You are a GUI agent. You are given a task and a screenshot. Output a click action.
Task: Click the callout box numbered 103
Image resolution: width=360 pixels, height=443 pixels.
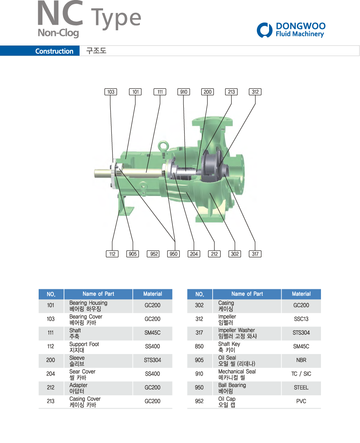tap(111, 92)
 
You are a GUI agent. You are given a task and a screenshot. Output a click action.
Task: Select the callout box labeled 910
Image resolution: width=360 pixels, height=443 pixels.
tap(183, 92)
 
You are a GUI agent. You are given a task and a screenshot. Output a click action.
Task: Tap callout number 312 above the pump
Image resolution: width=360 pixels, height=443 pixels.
tap(255, 92)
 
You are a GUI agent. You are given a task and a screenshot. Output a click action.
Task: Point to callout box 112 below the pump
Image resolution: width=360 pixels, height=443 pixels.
tap(112, 254)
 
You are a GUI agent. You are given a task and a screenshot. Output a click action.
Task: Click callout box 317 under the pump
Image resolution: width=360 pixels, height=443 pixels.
tap(255, 254)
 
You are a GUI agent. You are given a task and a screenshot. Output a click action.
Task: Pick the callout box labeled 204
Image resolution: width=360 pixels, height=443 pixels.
tap(194, 254)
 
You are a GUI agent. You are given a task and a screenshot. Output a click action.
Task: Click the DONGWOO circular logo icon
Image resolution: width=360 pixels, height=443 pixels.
tap(265, 30)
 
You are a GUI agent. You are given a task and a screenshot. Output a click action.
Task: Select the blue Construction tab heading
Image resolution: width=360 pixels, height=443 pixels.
tap(54, 51)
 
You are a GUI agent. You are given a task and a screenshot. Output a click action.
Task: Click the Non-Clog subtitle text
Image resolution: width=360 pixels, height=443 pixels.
tap(58, 33)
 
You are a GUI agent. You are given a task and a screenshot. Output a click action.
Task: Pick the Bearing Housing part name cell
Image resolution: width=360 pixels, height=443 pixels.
tap(98, 306)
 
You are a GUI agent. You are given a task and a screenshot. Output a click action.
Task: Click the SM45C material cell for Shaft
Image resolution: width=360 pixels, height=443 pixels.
tap(152, 333)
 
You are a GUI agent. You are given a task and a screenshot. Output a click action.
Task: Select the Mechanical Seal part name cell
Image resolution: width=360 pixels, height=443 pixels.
tap(247, 374)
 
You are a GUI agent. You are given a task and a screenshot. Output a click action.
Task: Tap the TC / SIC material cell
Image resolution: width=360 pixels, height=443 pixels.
tap(301, 374)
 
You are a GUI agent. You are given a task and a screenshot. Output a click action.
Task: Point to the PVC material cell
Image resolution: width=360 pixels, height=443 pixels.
tap(301, 401)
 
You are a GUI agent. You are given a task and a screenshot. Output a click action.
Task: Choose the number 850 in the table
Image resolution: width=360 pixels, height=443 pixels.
tap(199, 346)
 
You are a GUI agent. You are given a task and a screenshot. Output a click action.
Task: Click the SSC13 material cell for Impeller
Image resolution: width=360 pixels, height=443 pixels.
tap(301, 319)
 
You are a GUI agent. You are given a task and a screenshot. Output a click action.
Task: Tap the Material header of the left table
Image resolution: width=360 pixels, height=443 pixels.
tap(152, 294)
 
